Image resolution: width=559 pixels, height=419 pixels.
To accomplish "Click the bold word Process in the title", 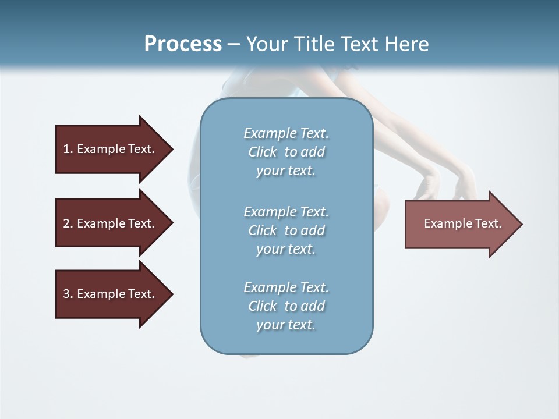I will click(x=183, y=44).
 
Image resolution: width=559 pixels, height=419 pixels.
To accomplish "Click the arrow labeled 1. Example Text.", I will click(x=111, y=149).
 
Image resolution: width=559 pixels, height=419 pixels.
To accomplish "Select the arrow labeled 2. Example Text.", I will click(x=111, y=223).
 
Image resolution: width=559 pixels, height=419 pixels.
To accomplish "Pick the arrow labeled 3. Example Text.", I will click(x=111, y=294).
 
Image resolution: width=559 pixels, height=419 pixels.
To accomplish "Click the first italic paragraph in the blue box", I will click(x=286, y=152).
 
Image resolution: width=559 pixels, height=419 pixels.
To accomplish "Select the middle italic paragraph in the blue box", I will click(x=286, y=230).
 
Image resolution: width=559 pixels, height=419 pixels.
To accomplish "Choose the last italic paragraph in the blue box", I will click(x=286, y=306).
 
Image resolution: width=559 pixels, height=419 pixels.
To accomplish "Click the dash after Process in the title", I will click(x=234, y=45).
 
